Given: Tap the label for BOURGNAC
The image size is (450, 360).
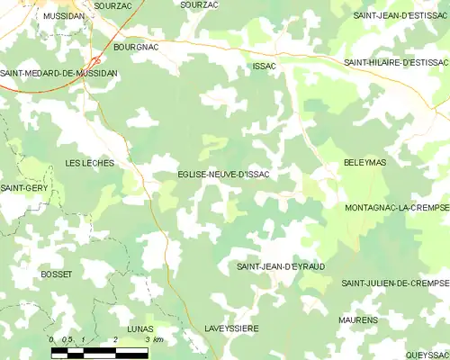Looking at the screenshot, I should (x=137, y=45).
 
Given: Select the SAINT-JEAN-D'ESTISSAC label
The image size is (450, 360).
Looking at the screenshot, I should (x=400, y=16).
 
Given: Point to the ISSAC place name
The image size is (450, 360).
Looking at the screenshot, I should (x=264, y=67).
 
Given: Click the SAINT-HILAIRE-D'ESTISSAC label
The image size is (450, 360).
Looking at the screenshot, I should (x=396, y=62).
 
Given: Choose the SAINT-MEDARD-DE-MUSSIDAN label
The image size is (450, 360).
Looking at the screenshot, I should (x=58, y=74).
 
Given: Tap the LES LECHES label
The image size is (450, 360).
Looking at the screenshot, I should (x=90, y=163).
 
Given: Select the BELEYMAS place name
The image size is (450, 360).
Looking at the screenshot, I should (x=364, y=163).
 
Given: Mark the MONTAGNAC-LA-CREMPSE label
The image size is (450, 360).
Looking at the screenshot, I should (x=396, y=207).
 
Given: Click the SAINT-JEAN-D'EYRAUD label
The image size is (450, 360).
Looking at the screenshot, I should (x=280, y=267).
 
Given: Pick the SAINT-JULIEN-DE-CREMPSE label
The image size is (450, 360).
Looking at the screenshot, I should (x=394, y=283).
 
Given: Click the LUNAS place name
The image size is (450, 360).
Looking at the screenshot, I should (x=140, y=328).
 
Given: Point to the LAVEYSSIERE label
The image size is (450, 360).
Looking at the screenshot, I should (x=231, y=328).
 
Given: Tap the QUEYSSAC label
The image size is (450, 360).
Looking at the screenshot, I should (x=426, y=355).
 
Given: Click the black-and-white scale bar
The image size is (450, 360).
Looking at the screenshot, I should (x=99, y=353).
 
